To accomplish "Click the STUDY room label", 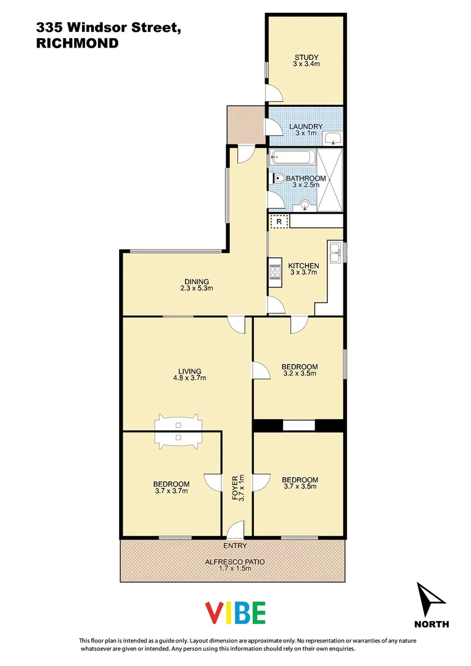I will click(306, 58).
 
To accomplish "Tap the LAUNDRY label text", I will click(306, 126).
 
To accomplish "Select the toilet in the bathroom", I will click(279, 179).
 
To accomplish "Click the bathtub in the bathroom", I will click(293, 158).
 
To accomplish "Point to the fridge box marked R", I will click(279, 221).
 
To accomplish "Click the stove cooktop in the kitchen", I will click(274, 272).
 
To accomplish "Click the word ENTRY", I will click(235, 546).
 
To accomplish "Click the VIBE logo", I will click(235, 613).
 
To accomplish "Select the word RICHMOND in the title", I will click(77, 43).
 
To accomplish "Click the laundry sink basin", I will click(334, 138).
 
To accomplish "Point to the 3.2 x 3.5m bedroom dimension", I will click(300, 373).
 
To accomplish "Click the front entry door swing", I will click(235, 530).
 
